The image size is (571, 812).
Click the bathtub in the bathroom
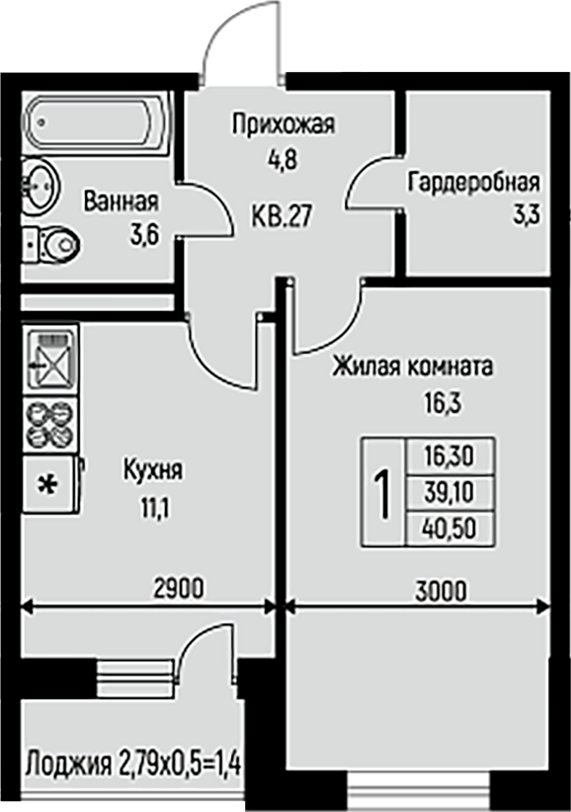tap(96, 123)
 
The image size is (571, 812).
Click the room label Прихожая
tap(284, 124)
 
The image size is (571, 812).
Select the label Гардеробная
tap(473, 183)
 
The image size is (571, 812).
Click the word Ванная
tap(122, 201)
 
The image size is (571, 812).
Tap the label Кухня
tap(153, 470)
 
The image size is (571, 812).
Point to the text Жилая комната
tap(412, 366)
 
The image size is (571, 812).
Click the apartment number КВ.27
tap(283, 215)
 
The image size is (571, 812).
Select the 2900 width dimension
tap(179, 589)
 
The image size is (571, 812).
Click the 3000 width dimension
tap(441, 591)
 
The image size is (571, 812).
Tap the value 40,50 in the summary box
tap(449, 528)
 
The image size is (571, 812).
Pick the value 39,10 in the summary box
tap(449, 493)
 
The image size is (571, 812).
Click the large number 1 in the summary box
tap(383, 493)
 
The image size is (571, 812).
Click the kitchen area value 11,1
tap(155, 509)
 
